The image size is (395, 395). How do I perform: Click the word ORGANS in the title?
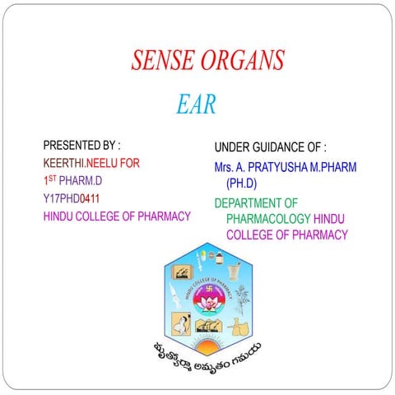244,61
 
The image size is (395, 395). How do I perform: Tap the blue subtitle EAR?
196,105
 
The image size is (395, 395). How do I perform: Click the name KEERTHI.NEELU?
81,162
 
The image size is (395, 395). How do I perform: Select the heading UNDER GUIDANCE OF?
270,148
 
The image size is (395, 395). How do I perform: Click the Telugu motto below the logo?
202,353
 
